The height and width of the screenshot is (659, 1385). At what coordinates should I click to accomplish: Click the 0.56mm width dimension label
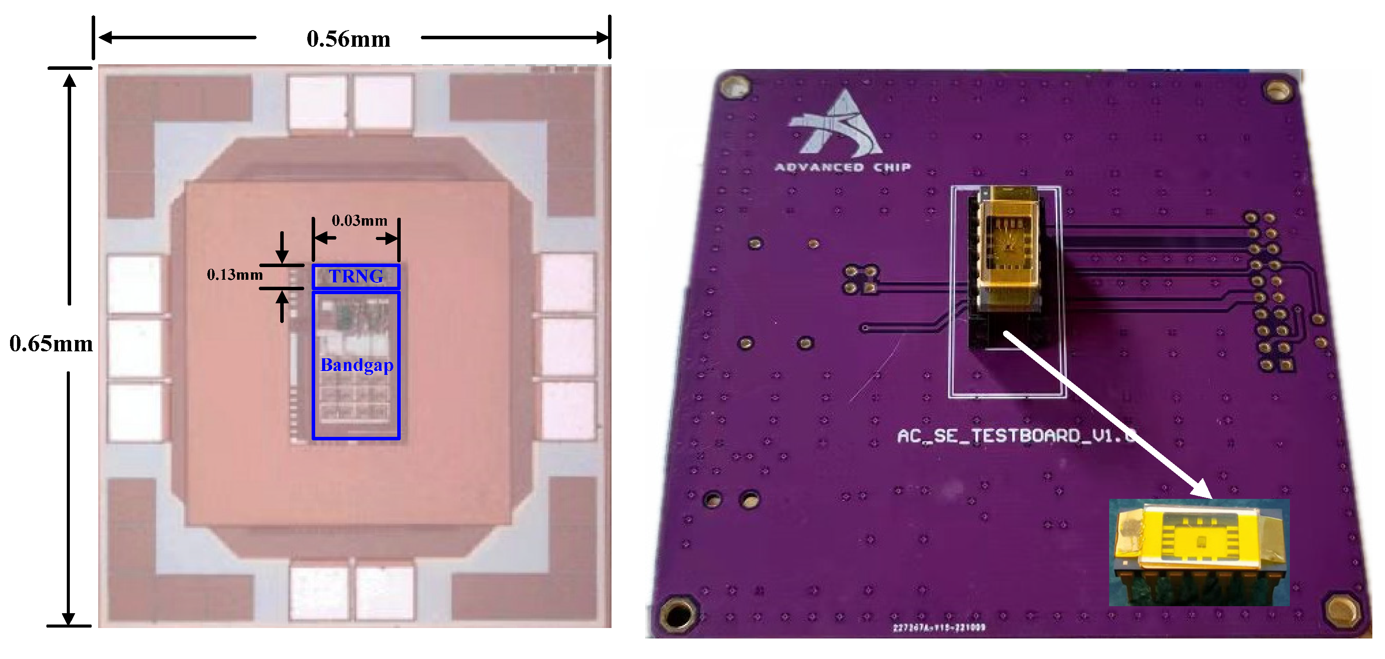(x=348, y=39)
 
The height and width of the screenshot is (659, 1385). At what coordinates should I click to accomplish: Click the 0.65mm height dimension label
(x=51, y=343)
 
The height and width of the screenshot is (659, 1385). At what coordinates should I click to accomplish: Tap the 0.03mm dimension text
(x=359, y=220)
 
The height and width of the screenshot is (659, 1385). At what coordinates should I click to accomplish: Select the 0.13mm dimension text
(x=234, y=275)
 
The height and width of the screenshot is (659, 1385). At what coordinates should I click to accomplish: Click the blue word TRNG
(x=356, y=276)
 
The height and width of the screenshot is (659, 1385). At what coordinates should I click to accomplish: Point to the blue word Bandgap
(x=357, y=365)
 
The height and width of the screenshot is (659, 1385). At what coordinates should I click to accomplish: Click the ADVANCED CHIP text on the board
(x=842, y=168)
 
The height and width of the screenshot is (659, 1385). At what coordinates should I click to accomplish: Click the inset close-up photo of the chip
(x=1199, y=552)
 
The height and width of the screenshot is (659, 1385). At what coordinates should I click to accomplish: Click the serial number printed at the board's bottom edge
(x=939, y=627)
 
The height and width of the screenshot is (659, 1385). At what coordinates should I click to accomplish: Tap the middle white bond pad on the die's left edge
(x=134, y=348)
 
